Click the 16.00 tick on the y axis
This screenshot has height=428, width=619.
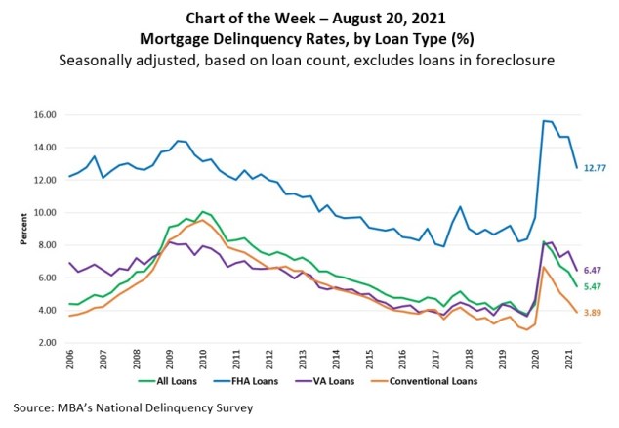click(x=45, y=114)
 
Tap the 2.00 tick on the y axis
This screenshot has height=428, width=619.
click(x=47, y=343)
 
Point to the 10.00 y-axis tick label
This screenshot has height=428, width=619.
click(x=45, y=212)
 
